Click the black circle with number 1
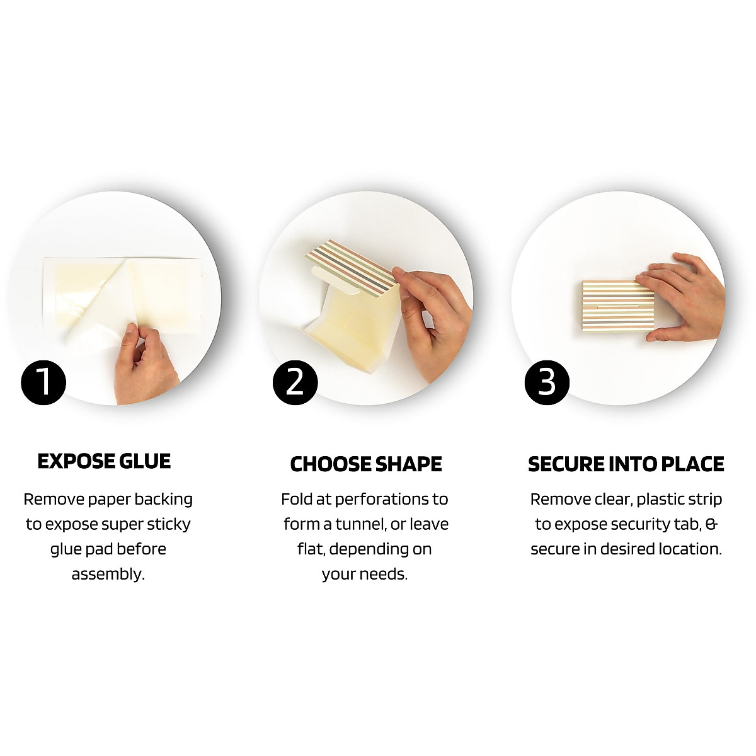coord(43,382)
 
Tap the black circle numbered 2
coord(295,382)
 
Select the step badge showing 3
coord(547,382)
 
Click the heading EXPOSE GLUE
coord(104,461)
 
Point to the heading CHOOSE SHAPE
coord(366,464)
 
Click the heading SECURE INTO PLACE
coord(626,464)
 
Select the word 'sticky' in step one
coord(168,524)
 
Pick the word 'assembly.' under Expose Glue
coord(108,574)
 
